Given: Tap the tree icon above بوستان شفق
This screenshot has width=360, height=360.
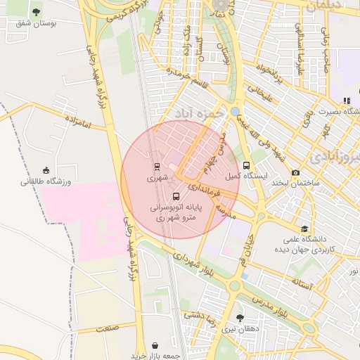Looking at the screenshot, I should tap(37, 11).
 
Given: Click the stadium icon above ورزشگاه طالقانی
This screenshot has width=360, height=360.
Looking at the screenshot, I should tap(46, 170).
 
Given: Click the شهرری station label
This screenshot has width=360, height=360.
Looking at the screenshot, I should tap(157, 179).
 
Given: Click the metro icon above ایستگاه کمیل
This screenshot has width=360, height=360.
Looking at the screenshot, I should tap(246, 165).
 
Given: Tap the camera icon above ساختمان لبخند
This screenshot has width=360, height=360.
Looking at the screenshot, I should tap(295, 172).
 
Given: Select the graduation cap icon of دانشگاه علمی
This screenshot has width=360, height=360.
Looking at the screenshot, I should tap(304, 229).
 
